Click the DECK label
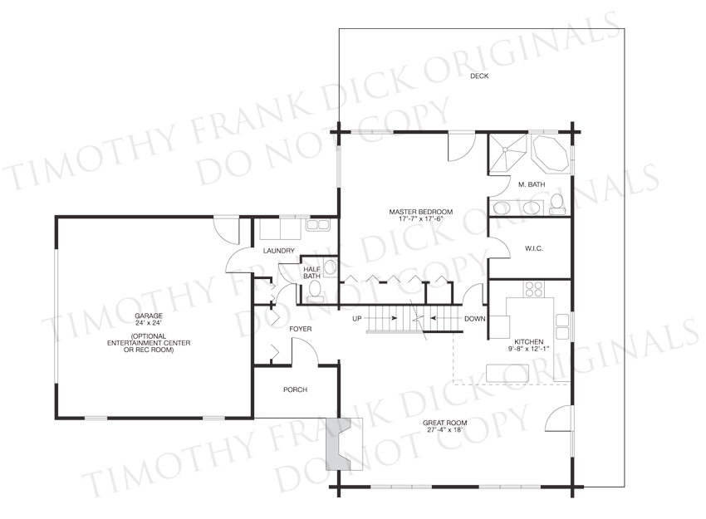point(479,76)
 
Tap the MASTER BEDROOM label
point(421,212)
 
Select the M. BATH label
point(532,184)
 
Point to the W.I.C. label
point(533,248)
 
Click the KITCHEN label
point(528,341)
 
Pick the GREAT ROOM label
point(444,423)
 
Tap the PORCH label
point(296,389)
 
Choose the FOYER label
point(301,329)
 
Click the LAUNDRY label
point(279,251)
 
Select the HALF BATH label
point(311,272)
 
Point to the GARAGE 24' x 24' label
point(149,319)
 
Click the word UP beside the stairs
point(357,319)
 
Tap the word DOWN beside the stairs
point(475,319)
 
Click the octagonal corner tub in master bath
point(550,153)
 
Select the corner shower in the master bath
point(507,153)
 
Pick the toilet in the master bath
point(557,205)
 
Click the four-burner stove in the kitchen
point(533,289)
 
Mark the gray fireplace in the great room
point(339,444)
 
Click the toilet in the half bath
point(314,291)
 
